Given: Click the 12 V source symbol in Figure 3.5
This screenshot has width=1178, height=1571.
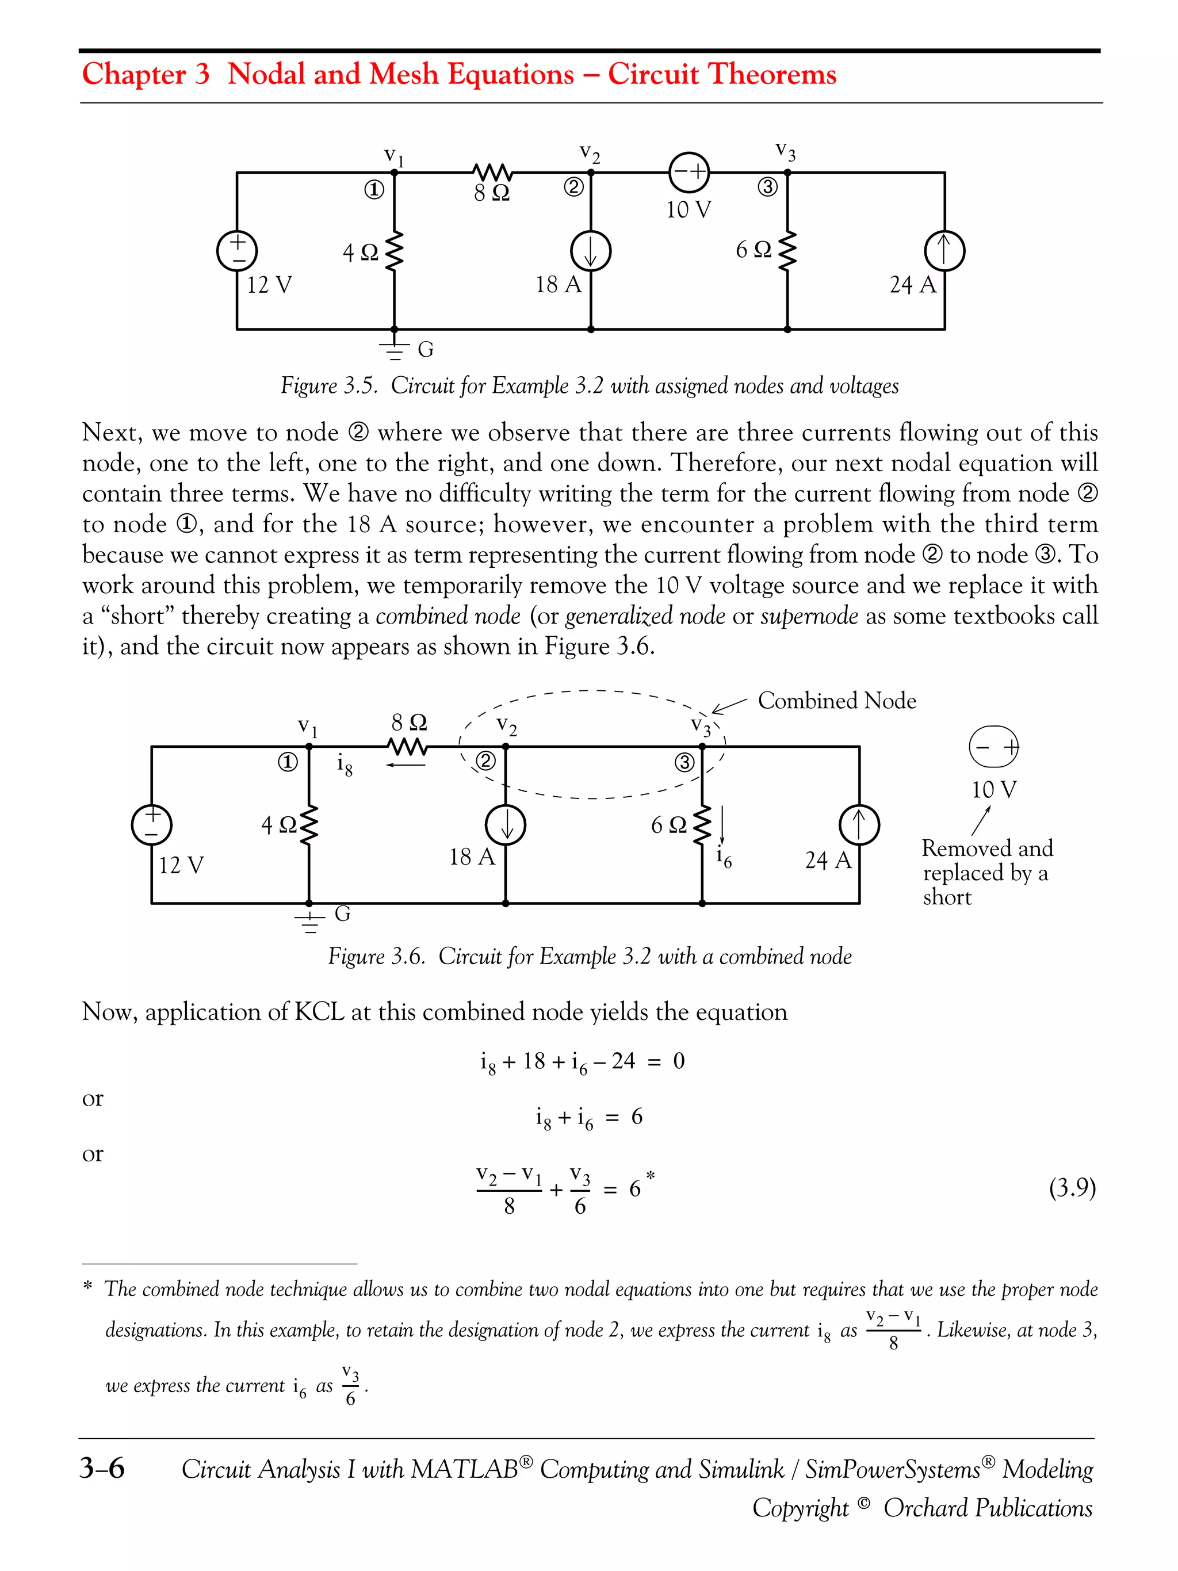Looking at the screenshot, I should pyautogui.click(x=237, y=251).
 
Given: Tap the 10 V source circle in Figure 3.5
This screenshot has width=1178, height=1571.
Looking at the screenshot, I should pyautogui.click(x=689, y=173).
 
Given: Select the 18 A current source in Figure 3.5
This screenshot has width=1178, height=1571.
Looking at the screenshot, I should pyautogui.click(x=591, y=251).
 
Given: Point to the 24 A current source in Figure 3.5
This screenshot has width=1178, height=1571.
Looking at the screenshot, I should pyautogui.click(x=944, y=251).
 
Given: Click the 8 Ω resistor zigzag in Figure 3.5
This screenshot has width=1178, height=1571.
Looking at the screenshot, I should pyautogui.click(x=492, y=172).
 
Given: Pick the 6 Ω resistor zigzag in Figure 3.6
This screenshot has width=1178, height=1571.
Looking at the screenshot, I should pyautogui.click(x=702, y=825).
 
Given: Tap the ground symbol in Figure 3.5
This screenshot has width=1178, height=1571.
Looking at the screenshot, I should pyautogui.click(x=395, y=349).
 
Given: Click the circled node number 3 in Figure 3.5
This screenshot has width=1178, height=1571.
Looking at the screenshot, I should pyautogui.click(x=767, y=188).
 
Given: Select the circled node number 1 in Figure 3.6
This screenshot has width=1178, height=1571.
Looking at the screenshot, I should pyautogui.click(x=288, y=763).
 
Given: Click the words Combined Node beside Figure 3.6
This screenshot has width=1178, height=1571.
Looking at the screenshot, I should pyautogui.click(x=836, y=701).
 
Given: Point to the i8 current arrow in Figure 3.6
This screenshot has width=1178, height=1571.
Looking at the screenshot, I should pyautogui.click(x=406, y=765).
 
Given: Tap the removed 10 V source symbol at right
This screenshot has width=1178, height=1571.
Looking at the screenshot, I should pyautogui.click(x=993, y=747).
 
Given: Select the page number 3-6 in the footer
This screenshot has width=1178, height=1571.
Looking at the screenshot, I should pyautogui.click(x=102, y=1468).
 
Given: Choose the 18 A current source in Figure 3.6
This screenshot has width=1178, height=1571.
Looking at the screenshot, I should pyautogui.click(x=506, y=825).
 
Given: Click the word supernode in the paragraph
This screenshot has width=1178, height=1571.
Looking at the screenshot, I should pyautogui.click(x=809, y=616).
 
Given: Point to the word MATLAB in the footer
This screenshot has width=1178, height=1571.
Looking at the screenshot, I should pyautogui.click(x=464, y=1469).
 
